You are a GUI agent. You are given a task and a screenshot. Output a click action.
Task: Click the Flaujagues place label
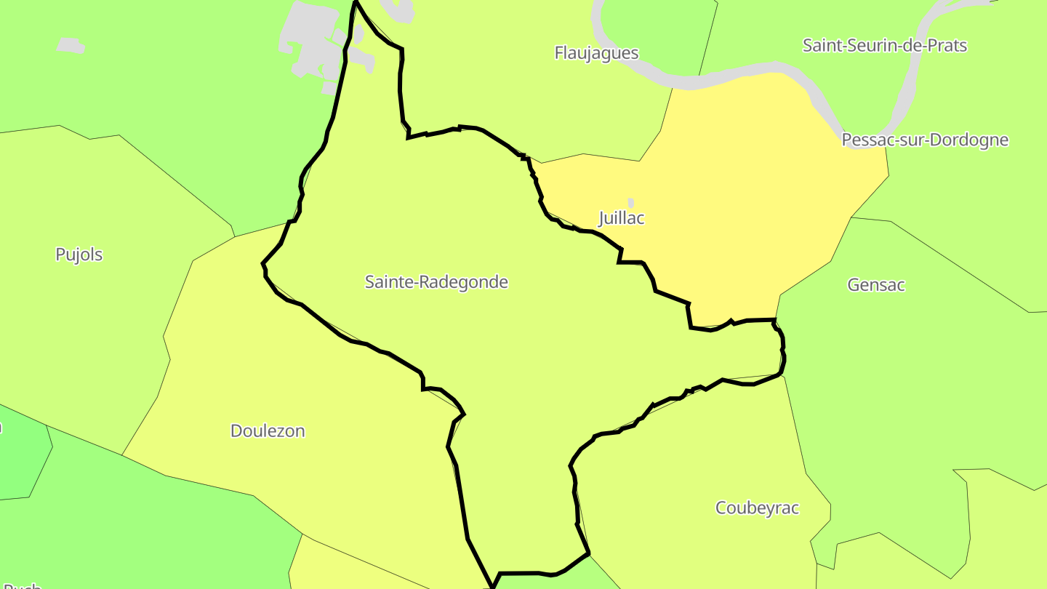click(x=596, y=53)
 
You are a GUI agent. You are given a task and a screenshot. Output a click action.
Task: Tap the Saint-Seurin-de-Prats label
click(x=884, y=46)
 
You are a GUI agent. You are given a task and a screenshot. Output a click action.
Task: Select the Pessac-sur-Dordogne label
click(x=925, y=140)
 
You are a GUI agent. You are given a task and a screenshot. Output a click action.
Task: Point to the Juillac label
click(x=622, y=218)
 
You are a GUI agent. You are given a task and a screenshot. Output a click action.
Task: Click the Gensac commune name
click(x=876, y=285)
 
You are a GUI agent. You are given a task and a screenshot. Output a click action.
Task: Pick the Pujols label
click(x=79, y=255)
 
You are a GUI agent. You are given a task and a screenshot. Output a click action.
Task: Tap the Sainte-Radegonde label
click(x=436, y=282)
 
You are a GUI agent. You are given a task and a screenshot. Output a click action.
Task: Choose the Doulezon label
click(x=268, y=431)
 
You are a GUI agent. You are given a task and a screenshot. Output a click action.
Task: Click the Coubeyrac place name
click(x=757, y=508)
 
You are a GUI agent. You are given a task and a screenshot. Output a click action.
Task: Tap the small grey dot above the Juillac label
click(x=630, y=202)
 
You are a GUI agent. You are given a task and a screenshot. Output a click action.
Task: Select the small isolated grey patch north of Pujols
click(x=71, y=45)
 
